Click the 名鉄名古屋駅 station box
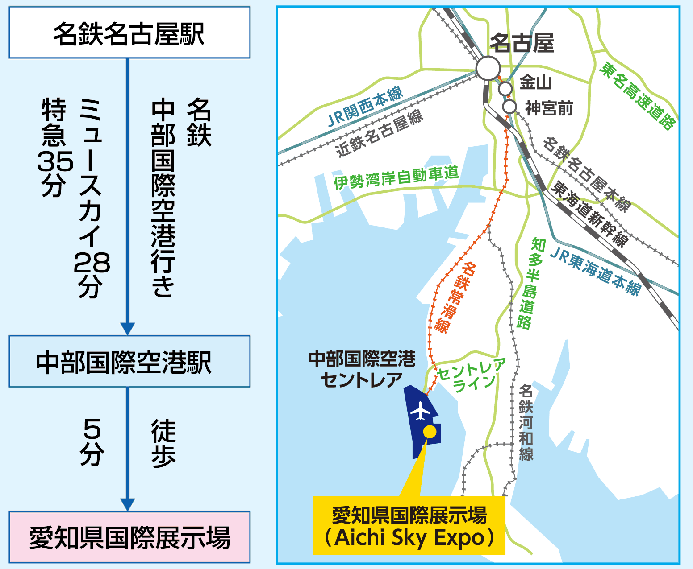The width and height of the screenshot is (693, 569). point(129,33)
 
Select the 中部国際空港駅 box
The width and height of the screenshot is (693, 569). point(129,361)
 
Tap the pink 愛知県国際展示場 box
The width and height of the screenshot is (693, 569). point(129,537)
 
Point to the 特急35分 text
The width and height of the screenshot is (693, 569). point(54,147)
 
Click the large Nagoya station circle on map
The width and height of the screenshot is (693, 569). point(488,68)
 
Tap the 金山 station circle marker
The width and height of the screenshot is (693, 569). point(505,88)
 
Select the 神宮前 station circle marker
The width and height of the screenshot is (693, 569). point(509,107)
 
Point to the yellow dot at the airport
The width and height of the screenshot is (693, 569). point(430,431)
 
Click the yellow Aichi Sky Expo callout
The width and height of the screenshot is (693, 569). point(409,525)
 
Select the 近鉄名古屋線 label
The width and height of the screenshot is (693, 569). point(380,133)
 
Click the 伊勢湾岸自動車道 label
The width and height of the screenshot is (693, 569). point(396,177)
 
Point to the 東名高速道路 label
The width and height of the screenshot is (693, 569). point(638,95)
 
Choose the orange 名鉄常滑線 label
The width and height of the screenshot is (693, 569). point(456,297)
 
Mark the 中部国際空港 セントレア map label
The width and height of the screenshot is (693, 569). point(362,369)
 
